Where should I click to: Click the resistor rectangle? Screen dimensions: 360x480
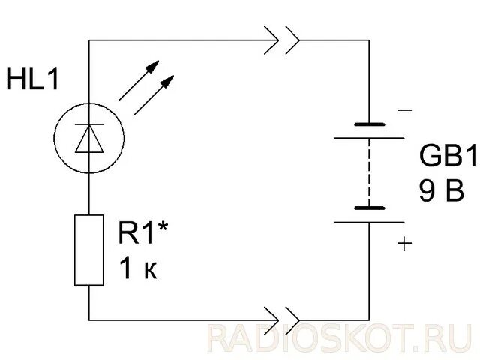88,250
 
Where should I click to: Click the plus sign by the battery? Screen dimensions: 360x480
406,244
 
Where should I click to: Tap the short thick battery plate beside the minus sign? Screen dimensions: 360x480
370,124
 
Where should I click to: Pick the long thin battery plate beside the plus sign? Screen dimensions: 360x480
370,223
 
